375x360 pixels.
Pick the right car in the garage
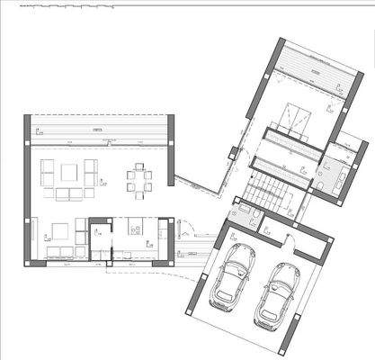pos(278,294)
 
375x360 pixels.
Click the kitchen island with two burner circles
pos(136,225)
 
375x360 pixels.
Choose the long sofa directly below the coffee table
pos(70,193)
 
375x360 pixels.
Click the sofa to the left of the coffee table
pos(49,171)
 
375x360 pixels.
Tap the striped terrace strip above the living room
pos(99,130)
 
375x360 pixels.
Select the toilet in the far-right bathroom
pos(321,186)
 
